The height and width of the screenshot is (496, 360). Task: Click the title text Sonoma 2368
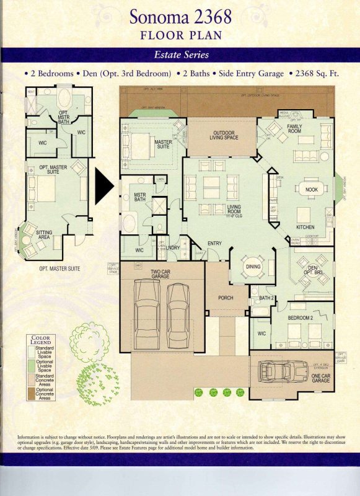[180, 15]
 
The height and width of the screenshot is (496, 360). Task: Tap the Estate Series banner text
[180, 55]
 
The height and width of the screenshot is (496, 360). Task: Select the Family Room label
[294, 128]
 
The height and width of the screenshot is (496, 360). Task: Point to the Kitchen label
[305, 228]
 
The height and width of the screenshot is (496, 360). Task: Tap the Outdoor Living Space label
[222, 135]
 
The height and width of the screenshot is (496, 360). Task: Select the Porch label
[226, 298]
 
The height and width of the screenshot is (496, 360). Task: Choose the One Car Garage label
[321, 378]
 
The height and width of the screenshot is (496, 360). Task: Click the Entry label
[215, 244]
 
